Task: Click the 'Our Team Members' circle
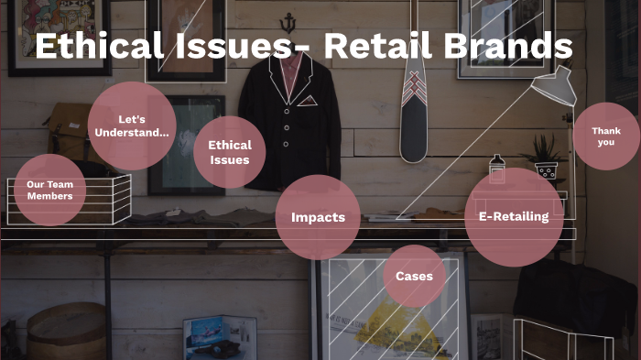49,190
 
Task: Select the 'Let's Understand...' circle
132,126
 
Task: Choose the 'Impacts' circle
318,217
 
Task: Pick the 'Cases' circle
414,276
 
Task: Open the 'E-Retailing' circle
514,217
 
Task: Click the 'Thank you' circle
605,136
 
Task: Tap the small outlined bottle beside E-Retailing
497,169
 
